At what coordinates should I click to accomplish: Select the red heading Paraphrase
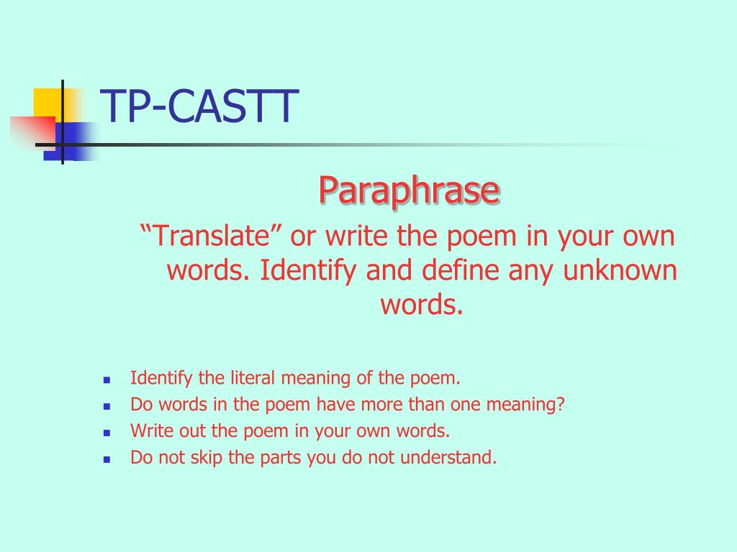[409, 190]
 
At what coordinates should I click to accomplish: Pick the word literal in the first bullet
[255, 378]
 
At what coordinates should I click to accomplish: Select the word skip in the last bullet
[201, 457]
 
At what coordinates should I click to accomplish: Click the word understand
[456, 457]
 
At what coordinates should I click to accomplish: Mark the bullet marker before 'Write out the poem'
[107, 433]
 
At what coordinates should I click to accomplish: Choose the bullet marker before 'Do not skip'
[107, 459]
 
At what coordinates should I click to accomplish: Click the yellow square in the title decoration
[48, 101]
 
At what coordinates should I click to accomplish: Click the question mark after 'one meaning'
[561, 404]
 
